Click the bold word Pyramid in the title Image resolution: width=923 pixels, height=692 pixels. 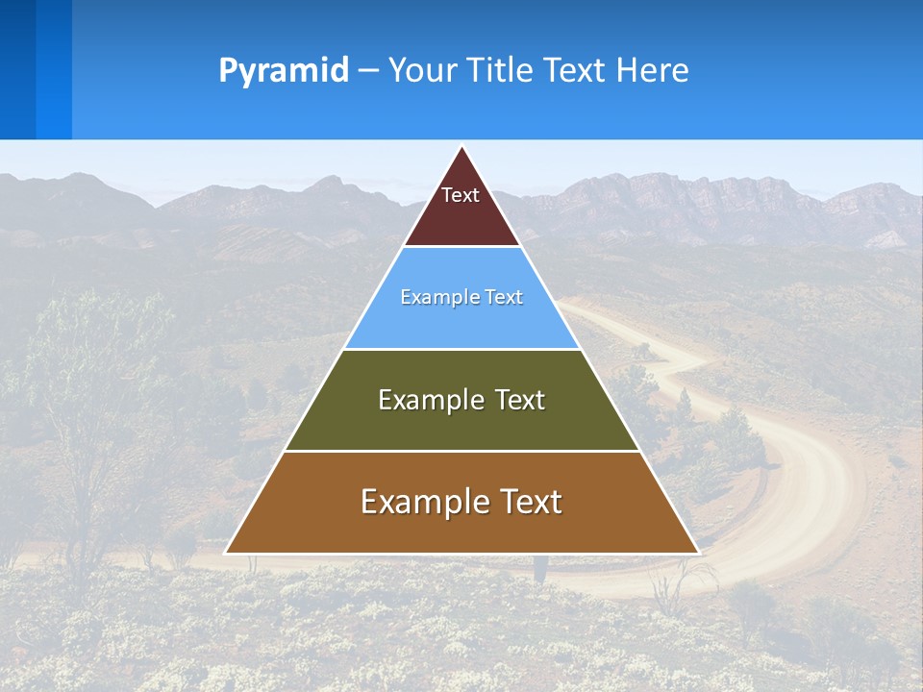[x=284, y=70]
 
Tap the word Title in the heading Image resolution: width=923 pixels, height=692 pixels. [x=501, y=70]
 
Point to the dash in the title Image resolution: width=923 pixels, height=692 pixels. [x=368, y=71]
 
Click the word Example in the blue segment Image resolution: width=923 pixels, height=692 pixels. [x=434, y=298]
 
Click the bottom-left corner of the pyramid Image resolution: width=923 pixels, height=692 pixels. [x=227, y=553]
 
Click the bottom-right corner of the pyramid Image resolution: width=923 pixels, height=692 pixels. [x=697, y=553]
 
